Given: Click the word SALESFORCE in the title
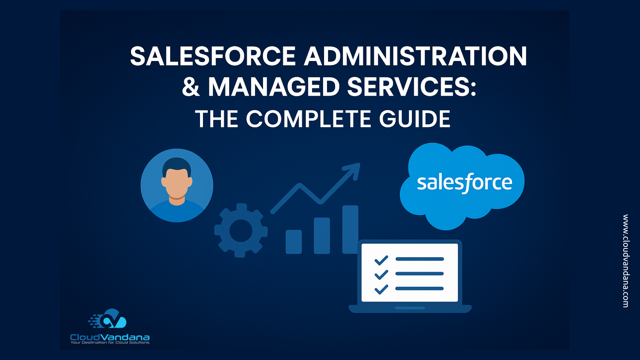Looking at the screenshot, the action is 213,56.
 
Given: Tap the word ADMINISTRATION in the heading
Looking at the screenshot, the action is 415,56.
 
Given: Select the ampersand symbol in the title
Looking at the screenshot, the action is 191,87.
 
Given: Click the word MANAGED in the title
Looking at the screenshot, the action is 274,87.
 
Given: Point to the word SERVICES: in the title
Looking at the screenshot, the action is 412,87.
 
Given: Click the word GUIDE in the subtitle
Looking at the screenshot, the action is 415,119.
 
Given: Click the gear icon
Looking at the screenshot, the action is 241,230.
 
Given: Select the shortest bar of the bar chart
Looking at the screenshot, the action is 294,242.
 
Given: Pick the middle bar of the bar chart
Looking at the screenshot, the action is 322,236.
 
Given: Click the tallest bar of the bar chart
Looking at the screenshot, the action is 350,229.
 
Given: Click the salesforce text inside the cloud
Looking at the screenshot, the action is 464,183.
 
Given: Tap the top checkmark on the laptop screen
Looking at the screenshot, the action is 381,260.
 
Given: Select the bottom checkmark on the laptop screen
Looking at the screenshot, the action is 381,289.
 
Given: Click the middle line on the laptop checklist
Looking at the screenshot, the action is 420,274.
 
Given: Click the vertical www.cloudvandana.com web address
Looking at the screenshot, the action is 626,261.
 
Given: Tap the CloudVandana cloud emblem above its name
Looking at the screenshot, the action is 108,319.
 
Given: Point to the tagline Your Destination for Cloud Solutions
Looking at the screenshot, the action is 110,342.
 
